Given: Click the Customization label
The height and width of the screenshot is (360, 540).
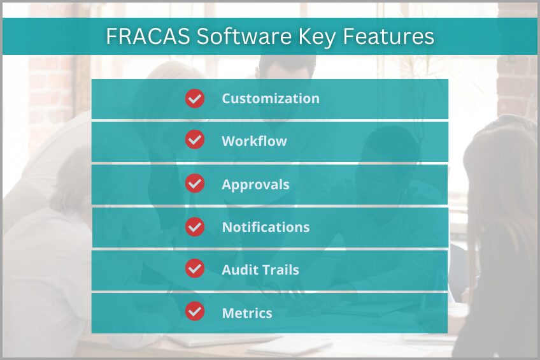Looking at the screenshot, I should (271, 99).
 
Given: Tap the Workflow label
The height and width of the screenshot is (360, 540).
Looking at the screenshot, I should (254, 141).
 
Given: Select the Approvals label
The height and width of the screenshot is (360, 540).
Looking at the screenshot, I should (255, 185).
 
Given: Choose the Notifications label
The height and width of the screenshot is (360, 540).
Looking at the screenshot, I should (266, 227).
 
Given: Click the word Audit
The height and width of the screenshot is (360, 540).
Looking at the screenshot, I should (238, 270).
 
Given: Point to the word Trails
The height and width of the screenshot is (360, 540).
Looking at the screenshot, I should (279, 270).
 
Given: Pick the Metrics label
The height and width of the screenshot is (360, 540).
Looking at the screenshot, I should (247, 313).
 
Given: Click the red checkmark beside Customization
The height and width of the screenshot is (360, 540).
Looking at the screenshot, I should (195, 99).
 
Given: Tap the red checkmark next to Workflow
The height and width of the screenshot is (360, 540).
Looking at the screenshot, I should (195, 141).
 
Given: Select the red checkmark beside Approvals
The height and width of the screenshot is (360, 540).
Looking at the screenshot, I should (195, 184).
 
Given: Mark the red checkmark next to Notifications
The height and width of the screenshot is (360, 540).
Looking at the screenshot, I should (195, 227).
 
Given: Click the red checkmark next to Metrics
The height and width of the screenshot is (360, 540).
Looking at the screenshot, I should (195, 312).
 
